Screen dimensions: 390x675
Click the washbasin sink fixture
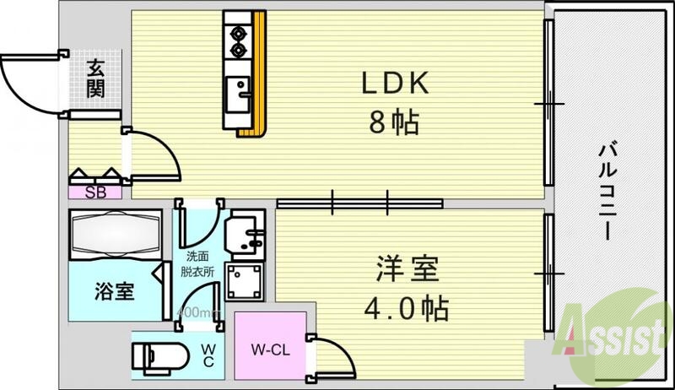(246, 230)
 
